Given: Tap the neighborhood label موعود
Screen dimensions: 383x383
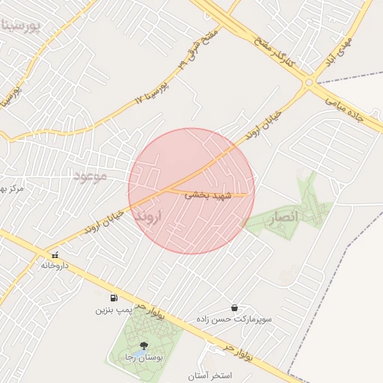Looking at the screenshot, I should pos(91,176).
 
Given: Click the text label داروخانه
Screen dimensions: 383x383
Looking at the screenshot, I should pos(55,266).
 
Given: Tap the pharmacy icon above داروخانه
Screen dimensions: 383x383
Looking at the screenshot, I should pos(54,255).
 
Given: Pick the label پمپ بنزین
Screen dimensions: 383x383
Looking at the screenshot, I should pos(112,309).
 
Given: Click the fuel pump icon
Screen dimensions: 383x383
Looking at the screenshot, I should pos(113,298).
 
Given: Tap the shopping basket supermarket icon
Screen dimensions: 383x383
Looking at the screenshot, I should pos(235,307).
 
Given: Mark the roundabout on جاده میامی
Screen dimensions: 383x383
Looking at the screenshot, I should pos(310,83).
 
